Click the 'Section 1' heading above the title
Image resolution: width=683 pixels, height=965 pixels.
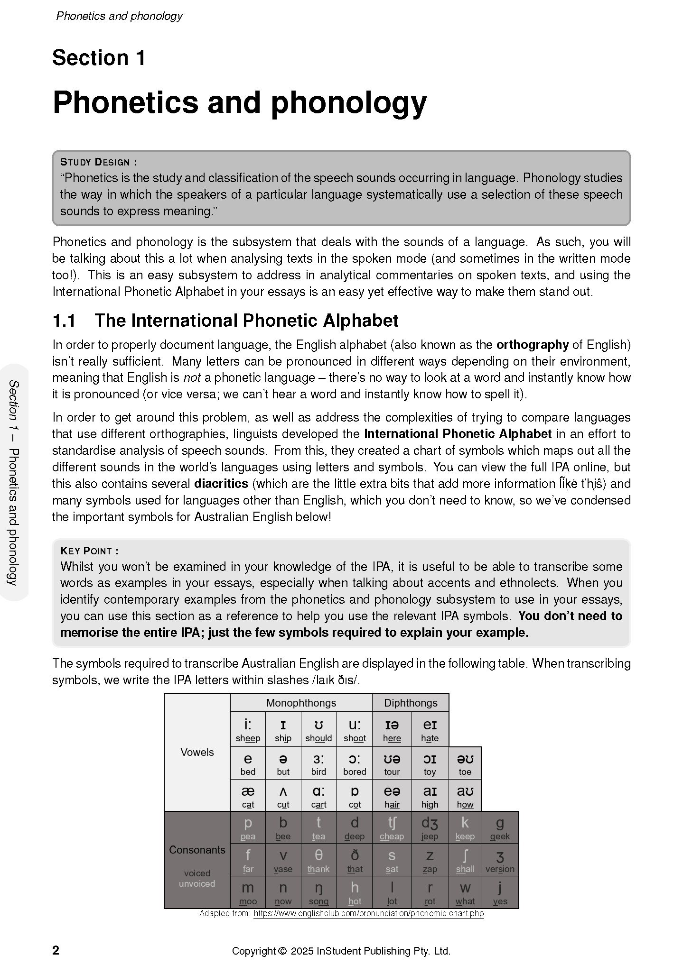99,58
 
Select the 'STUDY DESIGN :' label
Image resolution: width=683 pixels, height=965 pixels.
99,162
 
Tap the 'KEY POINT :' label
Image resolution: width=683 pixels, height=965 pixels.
89,551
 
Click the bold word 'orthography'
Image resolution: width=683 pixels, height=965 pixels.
532,345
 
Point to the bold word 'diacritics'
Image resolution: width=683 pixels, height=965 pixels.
221,484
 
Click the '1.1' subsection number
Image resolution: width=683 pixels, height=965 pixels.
64,321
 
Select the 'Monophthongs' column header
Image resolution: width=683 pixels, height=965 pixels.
301,703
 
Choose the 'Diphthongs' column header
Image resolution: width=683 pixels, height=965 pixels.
411,703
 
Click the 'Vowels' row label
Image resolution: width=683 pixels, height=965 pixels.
197,752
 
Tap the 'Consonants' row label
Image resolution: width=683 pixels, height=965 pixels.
197,850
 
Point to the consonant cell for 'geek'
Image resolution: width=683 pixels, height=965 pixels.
500,828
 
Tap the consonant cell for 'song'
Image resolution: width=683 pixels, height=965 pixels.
318,893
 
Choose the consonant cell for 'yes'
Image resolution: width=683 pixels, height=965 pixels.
500,893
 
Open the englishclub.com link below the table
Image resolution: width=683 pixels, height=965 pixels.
368,914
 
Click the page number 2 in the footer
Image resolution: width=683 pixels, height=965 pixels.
56,950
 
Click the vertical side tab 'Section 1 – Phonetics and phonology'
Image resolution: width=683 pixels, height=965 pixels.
14,482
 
